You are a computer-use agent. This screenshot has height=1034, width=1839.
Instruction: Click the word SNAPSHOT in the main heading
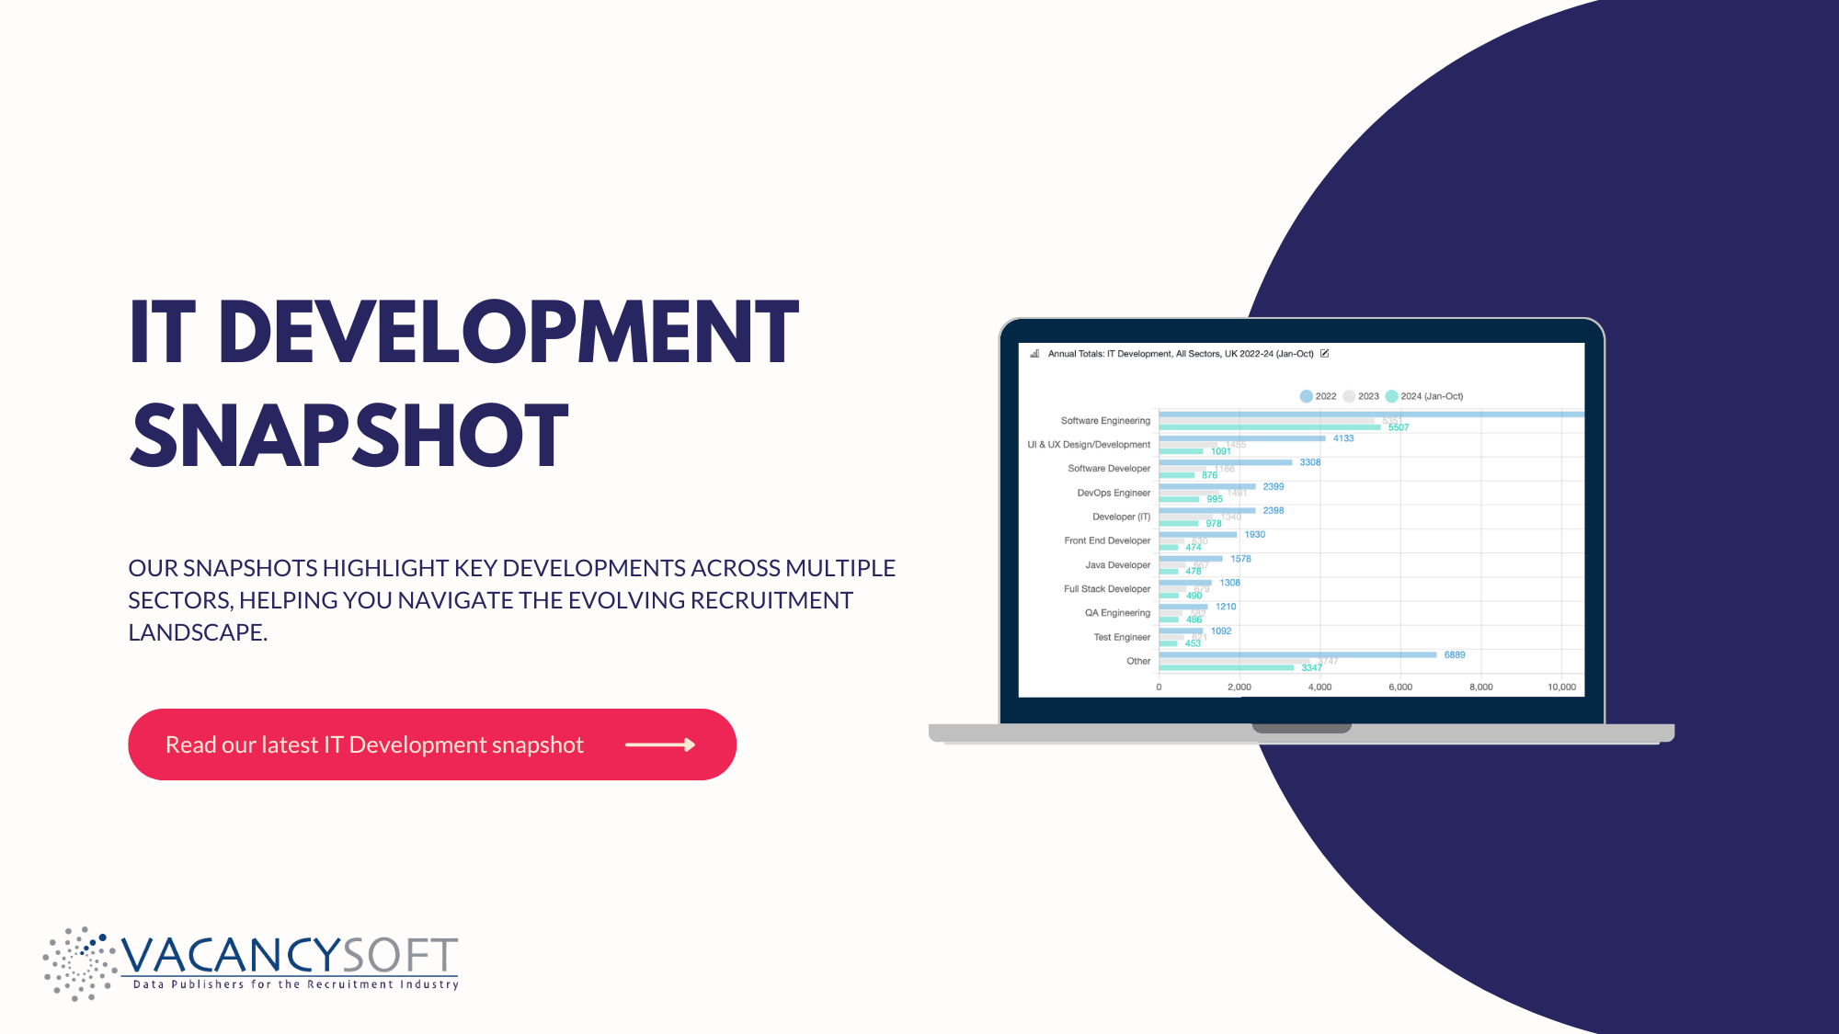click(x=349, y=436)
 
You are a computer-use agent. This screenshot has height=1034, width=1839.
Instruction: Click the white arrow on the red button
click(x=660, y=744)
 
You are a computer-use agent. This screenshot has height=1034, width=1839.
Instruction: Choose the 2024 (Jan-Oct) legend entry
click(x=1424, y=396)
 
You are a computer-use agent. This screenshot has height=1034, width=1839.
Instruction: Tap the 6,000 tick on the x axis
click(x=1400, y=687)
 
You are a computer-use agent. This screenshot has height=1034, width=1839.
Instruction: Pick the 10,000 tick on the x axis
click(x=1561, y=687)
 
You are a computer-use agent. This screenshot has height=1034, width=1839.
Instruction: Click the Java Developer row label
click(x=1117, y=565)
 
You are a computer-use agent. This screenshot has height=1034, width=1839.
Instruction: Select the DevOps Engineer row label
click(x=1114, y=493)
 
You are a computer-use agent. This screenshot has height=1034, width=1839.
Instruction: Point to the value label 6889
click(x=1455, y=655)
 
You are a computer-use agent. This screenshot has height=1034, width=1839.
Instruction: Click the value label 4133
click(x=1343, y=438)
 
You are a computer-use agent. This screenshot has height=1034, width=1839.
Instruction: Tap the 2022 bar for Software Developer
click(x=1226, y=462)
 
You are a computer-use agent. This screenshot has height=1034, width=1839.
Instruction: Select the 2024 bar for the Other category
click(x=1226, y=667)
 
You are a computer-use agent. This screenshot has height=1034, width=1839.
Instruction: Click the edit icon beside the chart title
click(x=1325, y=354)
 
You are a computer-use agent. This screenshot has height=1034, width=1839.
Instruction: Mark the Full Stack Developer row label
click(x=1107, y=589)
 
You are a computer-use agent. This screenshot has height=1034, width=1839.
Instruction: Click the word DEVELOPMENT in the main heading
click(x=508, y=333)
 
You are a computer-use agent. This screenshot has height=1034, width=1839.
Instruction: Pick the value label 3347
click(x=1311, y=667)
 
